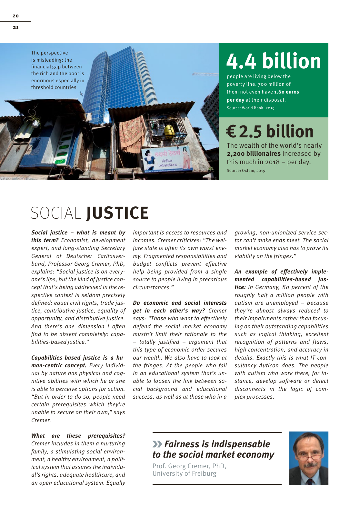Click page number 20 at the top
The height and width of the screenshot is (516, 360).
(15, 16)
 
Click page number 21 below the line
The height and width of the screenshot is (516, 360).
(15, 27)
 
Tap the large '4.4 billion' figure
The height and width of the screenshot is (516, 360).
(274, 61)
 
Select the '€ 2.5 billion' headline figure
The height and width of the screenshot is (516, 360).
(270, 131)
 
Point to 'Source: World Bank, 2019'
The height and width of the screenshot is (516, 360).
(250, 108)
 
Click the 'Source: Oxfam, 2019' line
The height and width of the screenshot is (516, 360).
(246, 171)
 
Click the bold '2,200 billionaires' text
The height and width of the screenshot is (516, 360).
(254, 154)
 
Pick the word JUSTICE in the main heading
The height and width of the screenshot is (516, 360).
(117, 213)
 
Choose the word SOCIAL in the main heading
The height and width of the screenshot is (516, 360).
(56, 213)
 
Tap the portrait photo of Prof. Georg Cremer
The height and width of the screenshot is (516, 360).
(308, 458)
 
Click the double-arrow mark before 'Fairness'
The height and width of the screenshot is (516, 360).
(157, 444)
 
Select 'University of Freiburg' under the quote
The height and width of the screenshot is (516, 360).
(184, 473)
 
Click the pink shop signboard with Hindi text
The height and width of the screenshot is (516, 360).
(168, 158)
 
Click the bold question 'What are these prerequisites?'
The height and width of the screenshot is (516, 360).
(78, 436)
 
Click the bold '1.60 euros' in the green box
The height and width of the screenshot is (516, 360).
(286, 92)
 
